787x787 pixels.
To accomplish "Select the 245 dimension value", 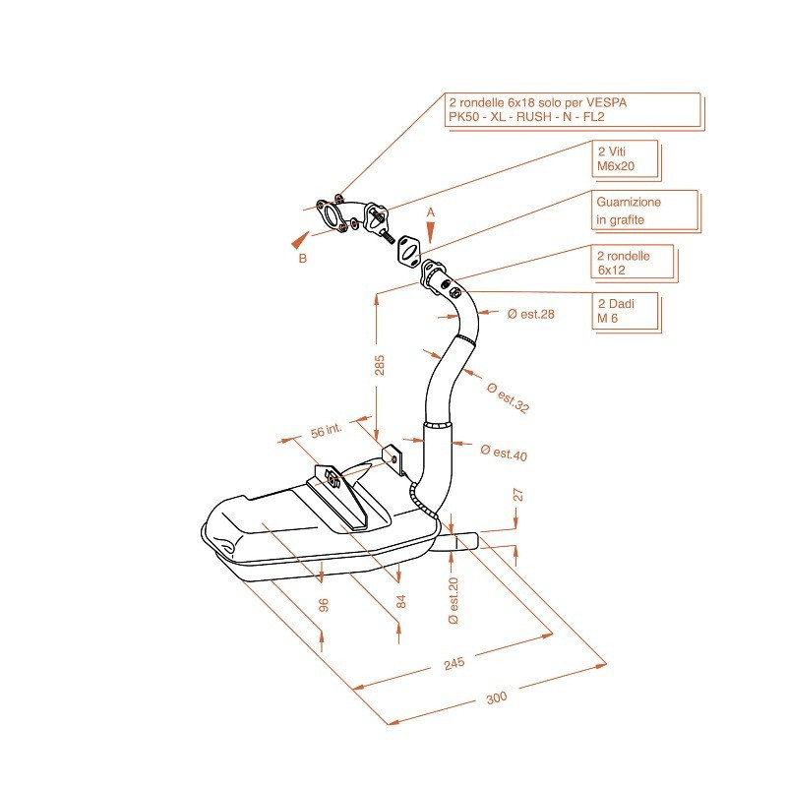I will click(454, 664).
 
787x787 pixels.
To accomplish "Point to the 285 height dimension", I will click(381, 364).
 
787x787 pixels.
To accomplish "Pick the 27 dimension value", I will click(518, 496).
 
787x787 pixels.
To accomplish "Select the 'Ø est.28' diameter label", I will click(531, 314).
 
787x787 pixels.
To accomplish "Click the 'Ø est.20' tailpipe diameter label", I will click(454, 600).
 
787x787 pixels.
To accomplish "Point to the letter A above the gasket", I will click(430, 212).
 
